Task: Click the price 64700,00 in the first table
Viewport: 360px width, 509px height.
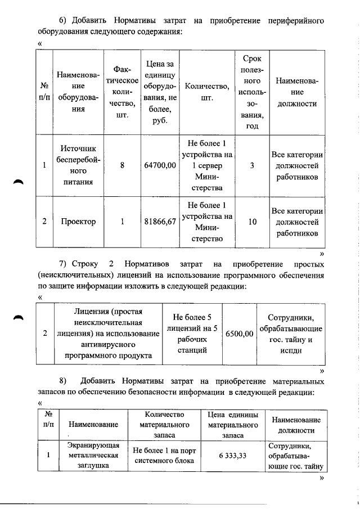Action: [x=160, y=165]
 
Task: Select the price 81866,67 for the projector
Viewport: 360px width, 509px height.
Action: [x=160, y=222]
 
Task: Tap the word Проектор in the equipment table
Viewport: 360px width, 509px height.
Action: [x=78, y=222]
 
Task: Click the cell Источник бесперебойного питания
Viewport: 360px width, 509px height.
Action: [x=78, y=165]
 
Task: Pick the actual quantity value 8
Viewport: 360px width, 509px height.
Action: [x=122, y=165]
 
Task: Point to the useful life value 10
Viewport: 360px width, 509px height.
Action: [x=253, y=222]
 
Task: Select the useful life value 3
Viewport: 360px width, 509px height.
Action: [x=253, y=165]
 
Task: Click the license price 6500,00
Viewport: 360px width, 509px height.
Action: [x=239, y=334]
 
